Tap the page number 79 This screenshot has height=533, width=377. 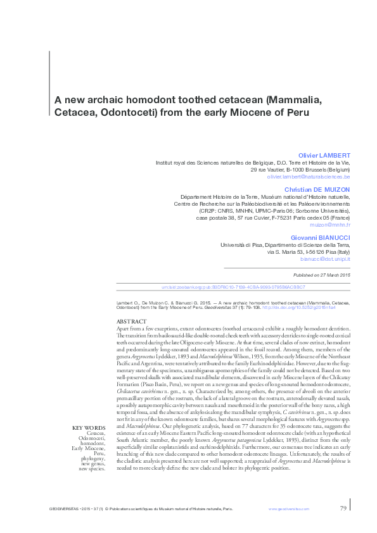pos(343,508)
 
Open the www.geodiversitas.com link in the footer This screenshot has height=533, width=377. pos(289,509)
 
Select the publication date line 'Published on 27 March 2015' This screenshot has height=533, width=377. pos(322,275)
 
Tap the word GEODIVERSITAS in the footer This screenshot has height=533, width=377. pos(63,509)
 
